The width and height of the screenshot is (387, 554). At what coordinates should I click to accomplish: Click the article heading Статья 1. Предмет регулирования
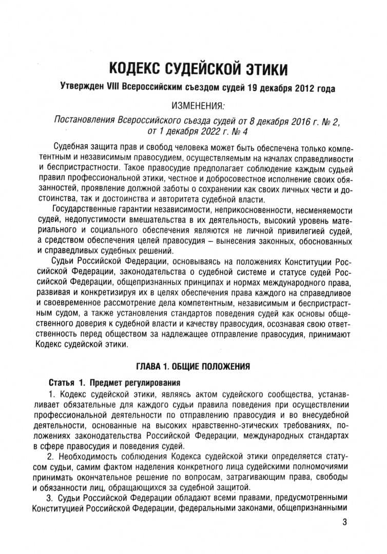tap(114, 383)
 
